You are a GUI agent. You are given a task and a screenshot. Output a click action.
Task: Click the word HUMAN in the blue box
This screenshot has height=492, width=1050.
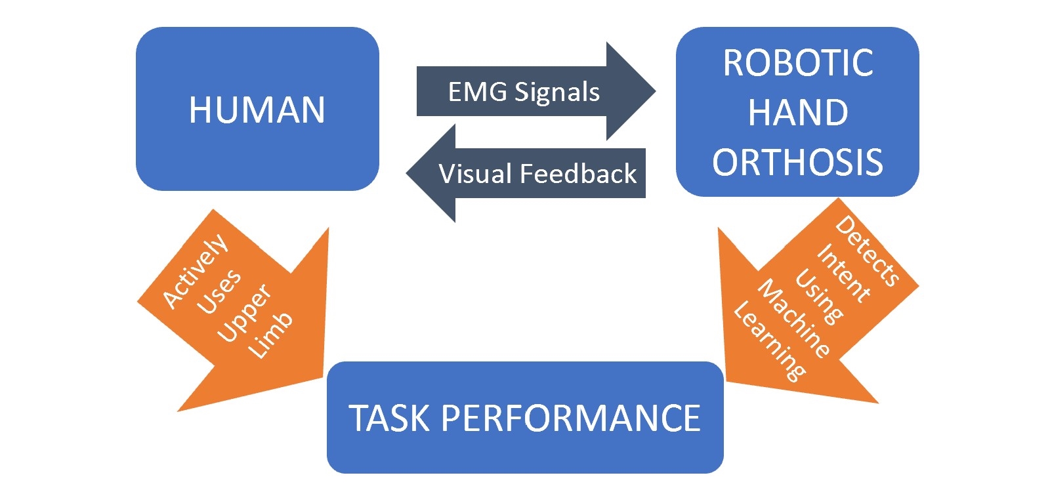[257, 110]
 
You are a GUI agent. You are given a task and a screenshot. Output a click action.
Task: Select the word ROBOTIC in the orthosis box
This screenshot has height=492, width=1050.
[798, 62]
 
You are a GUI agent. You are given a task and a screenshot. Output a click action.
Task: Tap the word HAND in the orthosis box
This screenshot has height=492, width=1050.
[798, 112]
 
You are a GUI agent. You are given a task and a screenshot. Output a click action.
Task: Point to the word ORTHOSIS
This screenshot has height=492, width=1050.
[798, 161]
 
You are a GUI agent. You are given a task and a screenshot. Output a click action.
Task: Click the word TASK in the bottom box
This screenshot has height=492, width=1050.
[389, 418]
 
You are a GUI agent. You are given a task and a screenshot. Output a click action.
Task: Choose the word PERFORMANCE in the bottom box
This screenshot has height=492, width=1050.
[571, 418]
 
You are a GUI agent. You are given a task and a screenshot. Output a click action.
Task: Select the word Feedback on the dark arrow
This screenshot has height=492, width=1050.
[578, 174]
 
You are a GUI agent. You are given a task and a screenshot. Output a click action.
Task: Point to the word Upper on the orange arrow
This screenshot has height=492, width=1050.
[244, 312]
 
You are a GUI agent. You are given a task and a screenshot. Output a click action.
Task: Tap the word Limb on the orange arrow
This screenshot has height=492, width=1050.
[270, 335]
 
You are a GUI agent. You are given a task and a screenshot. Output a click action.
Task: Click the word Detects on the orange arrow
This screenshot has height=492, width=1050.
[867, 251]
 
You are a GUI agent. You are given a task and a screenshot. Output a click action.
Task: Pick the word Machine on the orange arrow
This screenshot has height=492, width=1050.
[794, 319]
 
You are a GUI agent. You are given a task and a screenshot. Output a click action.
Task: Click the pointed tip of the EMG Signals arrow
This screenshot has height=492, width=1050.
[656, 91]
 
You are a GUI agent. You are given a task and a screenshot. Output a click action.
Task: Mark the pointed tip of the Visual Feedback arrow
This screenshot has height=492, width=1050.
[406, 173]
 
